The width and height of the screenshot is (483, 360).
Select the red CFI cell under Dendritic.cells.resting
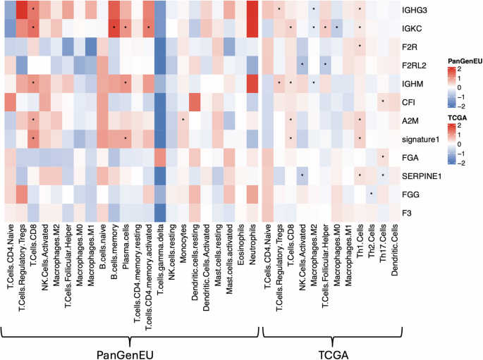(195, 101)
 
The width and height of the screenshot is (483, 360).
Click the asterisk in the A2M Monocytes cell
(183, 120)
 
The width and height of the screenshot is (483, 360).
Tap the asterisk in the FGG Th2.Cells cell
(371, 193)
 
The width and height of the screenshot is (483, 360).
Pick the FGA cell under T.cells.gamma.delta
(160, 156)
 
